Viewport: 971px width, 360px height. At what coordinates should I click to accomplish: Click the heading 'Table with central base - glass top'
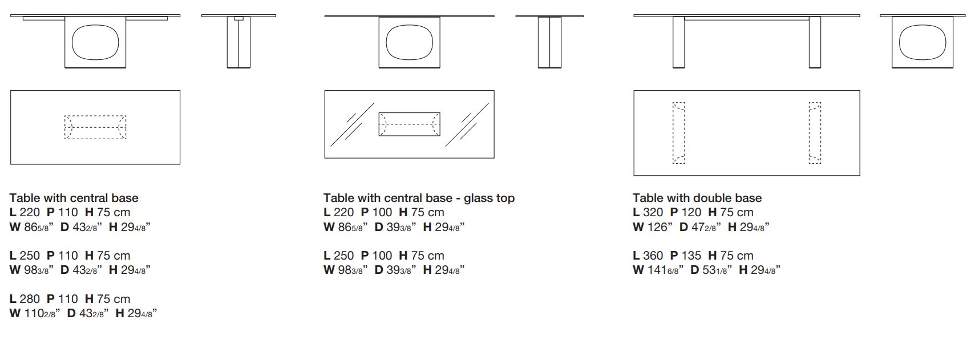419,198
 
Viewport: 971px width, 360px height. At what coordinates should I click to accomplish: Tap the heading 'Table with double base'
697,198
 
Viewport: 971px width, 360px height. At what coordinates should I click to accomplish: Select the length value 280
30,299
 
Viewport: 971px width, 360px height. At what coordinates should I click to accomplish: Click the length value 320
653,212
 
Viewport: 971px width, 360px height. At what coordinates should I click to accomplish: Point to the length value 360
653,256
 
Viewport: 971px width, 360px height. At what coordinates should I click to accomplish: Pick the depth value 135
691,256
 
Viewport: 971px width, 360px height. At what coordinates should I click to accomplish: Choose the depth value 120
691,212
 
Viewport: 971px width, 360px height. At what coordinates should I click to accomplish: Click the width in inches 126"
660,227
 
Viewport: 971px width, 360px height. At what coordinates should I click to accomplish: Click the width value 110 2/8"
42,313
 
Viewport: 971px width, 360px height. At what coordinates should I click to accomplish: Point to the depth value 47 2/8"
706,227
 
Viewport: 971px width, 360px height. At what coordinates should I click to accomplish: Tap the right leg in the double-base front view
815,42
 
